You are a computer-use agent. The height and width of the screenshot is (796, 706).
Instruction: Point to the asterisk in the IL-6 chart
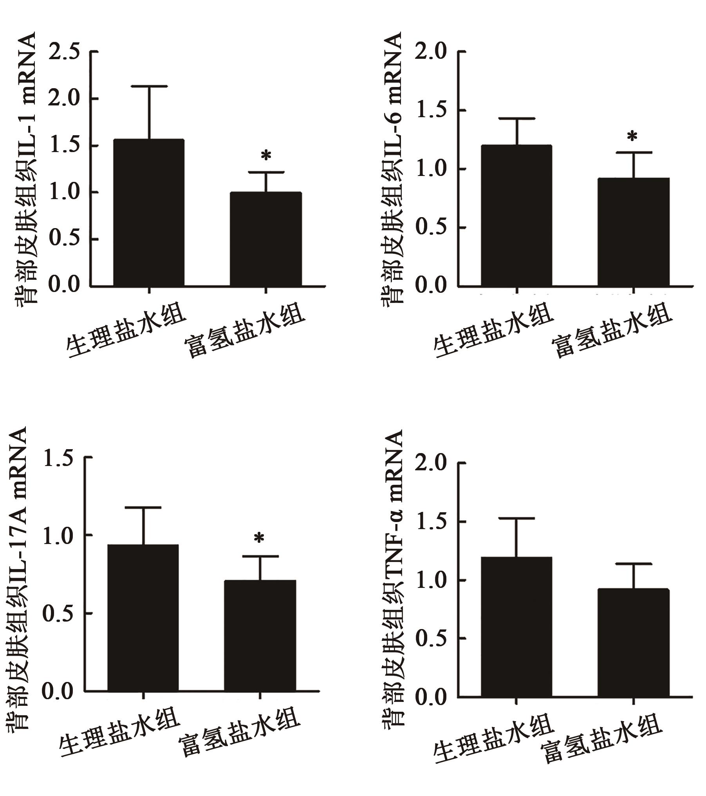pos(632,137)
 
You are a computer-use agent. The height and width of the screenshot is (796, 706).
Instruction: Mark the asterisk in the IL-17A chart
pos(259,539)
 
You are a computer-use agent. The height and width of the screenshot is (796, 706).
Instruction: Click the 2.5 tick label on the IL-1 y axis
pos(64,52)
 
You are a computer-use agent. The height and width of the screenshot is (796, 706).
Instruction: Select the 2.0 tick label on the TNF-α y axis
pos(431,463)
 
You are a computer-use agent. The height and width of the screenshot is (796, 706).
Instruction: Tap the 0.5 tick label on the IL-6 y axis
pos(431,228)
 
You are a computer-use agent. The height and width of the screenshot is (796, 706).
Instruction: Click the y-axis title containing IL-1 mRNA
pos(26,169)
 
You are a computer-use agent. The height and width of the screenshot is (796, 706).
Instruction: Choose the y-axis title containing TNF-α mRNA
pos(393,572)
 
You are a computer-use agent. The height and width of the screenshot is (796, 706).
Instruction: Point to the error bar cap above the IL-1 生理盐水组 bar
pos(149,86)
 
